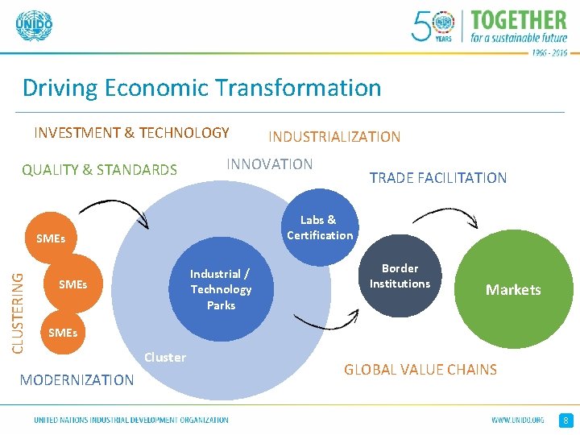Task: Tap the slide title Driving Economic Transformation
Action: pyautogui.click(x=201, y=87)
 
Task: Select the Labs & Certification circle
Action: pyautogui.click(x=319, y=227)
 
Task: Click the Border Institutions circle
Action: pyautogui.click(x=400, y=276)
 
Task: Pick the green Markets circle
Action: pyautogui.click(x=513, y=290)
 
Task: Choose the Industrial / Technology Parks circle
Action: pyautogui.click(x=221, y=289)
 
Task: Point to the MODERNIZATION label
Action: pyautogui.click(x=77, y=379)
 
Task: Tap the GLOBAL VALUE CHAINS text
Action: pyautogui.click(x=420, y=370)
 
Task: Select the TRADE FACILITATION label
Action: pyautogui.click(x=438, y=178)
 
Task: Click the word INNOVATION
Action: pyautogui.click(x=270, y=164)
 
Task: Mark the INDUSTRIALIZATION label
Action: pyautogui.click(x=334, y=137)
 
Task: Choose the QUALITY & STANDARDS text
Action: pyautogui.click(x=99, y=170)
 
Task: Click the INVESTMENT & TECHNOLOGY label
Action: pyautogui.click(x=131, y=133)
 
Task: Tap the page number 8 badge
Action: pyautogui.click(x=566, y=420)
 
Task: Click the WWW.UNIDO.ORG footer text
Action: pyautogui.click(x=518, y=420)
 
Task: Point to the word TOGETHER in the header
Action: pyautogui.click(x=519, y=20)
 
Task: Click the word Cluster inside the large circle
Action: pyautogui.click(x=165, y=357)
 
